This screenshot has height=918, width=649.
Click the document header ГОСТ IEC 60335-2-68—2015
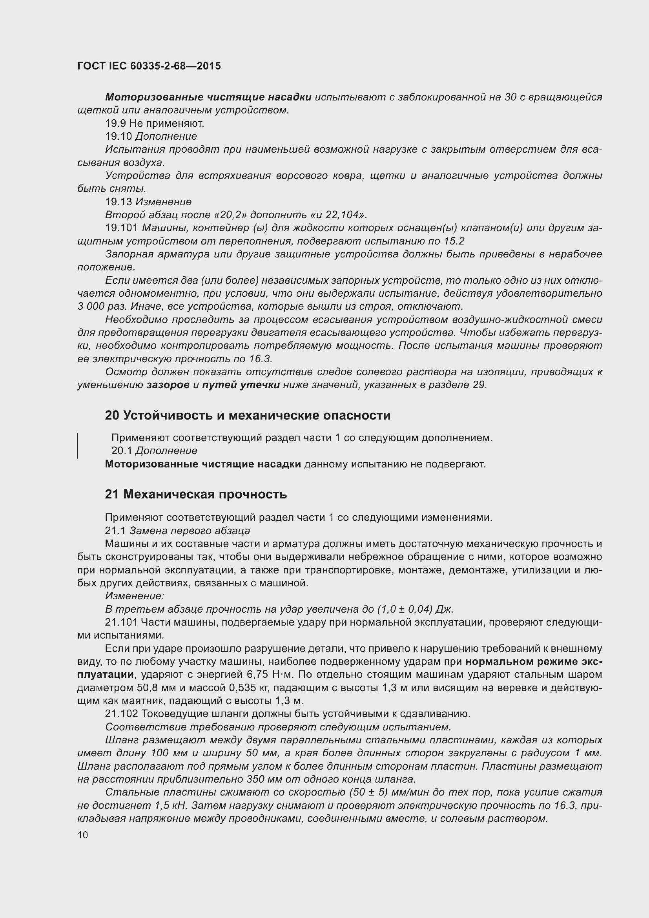[x=149, y=66]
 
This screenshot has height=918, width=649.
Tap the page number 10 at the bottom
[x=83, y=835]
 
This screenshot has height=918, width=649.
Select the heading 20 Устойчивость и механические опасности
[x=247, y=415]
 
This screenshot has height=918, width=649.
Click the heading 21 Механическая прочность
[x=196, y=495]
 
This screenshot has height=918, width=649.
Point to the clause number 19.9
[x=115, y=124]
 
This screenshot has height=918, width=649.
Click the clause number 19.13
[x=118, y=202]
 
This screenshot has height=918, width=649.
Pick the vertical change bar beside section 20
[x=78, y=445]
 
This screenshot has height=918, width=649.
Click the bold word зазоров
[x=168, y=385]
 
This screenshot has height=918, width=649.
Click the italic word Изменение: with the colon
[x=135, y=596]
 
